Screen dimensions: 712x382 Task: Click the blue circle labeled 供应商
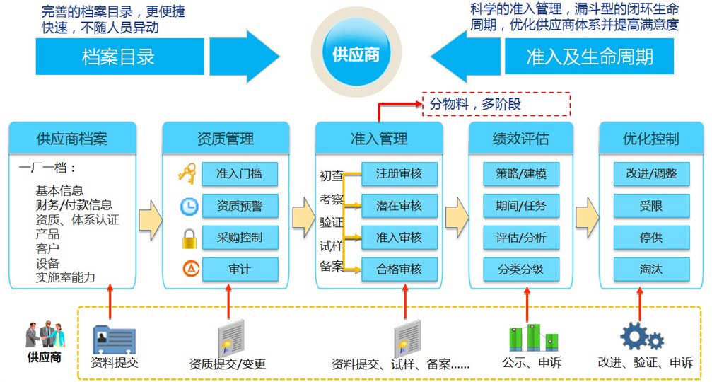tap(356, 54)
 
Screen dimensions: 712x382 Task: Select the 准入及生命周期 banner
tap(589, 57)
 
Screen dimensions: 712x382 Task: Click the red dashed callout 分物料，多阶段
tap(496, 104)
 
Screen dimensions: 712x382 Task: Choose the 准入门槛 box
tap(239, 174)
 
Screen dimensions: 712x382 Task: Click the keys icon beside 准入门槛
tap(187, 173)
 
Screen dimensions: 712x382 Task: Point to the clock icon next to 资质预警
tap(189, 207)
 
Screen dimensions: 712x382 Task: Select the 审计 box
tap(239, 270)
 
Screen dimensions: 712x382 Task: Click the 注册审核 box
tap(399, 174)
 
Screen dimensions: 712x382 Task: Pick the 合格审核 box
tap(399, 270)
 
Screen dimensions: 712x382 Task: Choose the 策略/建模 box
tap(521, 174)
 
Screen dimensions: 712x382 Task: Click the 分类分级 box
tap(521, 270)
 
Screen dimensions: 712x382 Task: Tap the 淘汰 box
tap(651, 270)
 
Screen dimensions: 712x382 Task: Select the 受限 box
tap(651, 206)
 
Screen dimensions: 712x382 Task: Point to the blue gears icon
tap(641, 337)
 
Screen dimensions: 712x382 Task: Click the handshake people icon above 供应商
tap(45, 335)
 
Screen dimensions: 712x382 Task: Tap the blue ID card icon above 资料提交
tap(115, 340)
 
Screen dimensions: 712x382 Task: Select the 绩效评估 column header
tap(521, 138)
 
